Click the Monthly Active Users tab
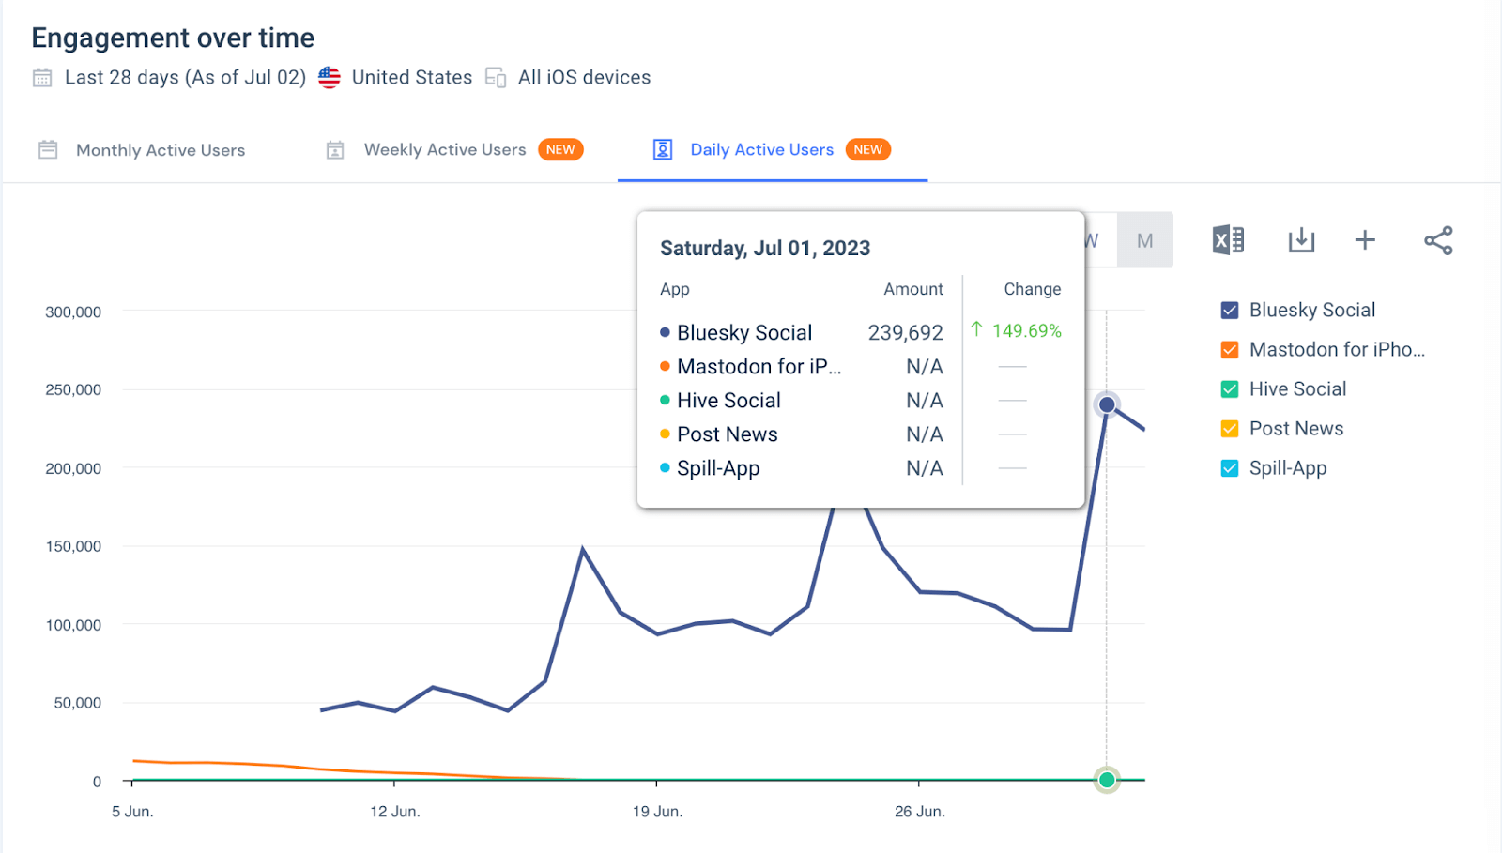[x=160, y=150]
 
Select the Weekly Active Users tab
[x=444, y=150]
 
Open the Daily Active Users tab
[x=761, y=150]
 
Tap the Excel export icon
[x=1228, y=241]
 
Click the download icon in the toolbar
[x=1301, y=241]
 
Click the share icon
[x=1438, y=241]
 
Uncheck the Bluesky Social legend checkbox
[x=1230, y=311]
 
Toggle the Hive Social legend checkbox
[x=1230, y=389]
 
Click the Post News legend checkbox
[x=1230, y=429]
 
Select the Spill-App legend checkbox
[x=1230, y=468]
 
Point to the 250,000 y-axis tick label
[x=73, y=389]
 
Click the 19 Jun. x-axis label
[x=657, y=812]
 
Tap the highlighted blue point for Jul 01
[x=1107, y=404]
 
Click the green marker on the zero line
[x=1107, y=780]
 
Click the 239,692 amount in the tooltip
[x=905, y=333]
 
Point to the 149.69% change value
[x=1026, y=331]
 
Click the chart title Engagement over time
[x=173, y=38]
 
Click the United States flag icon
[x=330, y=78]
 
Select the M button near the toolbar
[x=1144, y=241]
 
